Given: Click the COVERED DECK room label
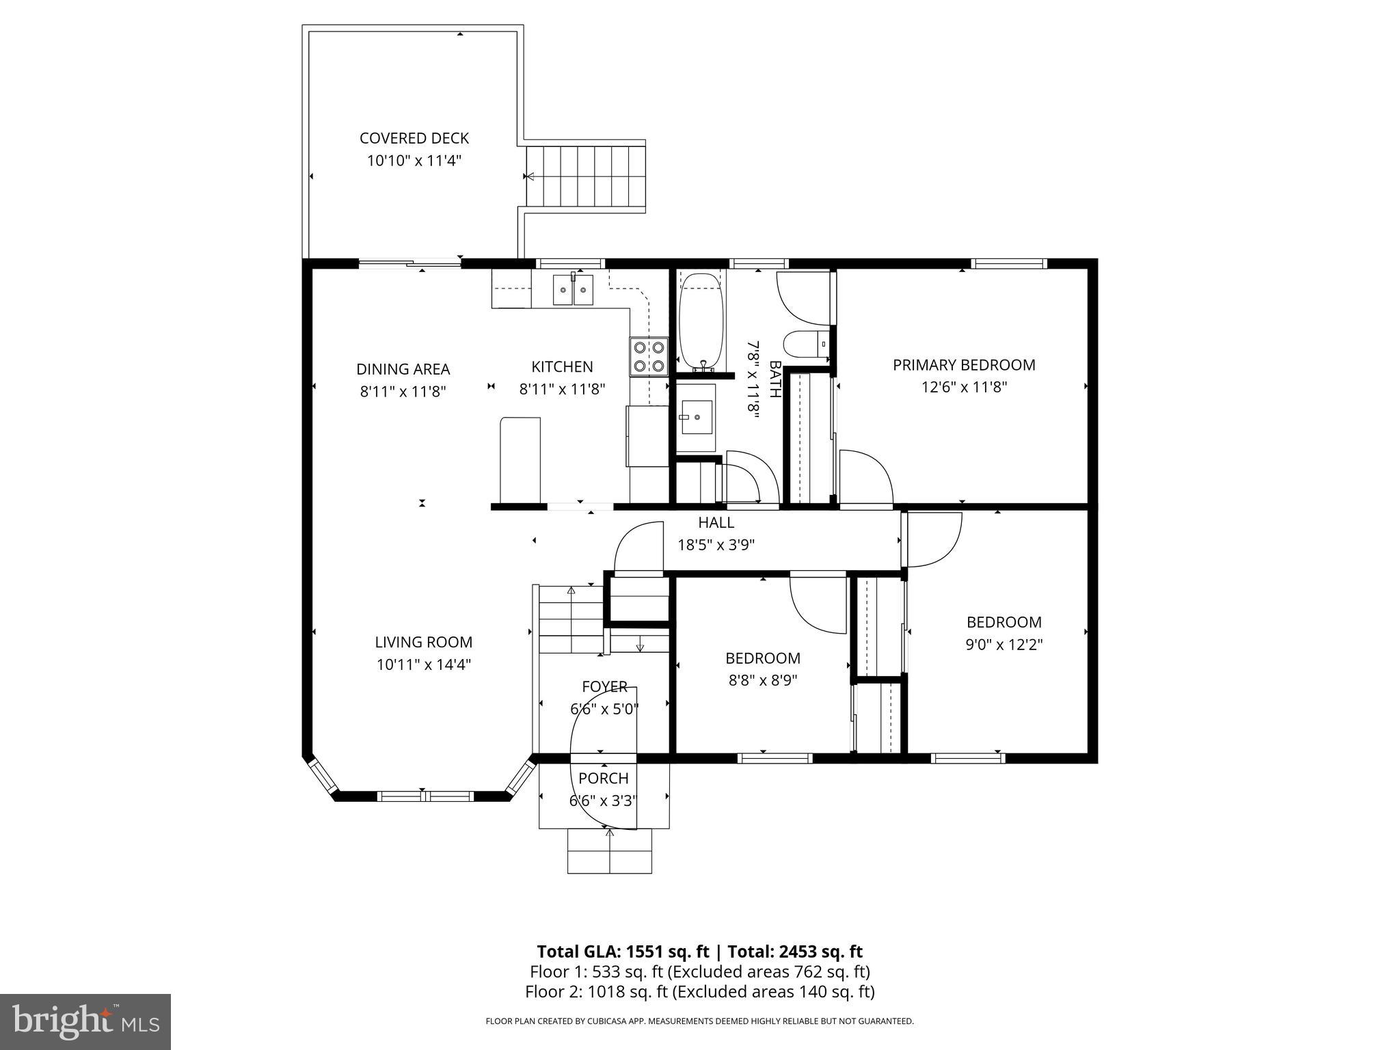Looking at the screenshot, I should pyautogui.click(x=414, y=138).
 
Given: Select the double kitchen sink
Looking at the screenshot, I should pyautogui.click(x=573, y=290).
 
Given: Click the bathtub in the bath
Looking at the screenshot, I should pyautogui.click(x=701, y=321).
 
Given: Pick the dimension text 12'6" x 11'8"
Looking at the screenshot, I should pyautogui.click(x=964, y=387).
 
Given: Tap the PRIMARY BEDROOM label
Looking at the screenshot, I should pyautogui.click(x=964, y=365).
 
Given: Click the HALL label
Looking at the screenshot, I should pyautogui.click(x=716, y=523).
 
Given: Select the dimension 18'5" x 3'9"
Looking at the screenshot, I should pyautogui.click(x=716, y=545).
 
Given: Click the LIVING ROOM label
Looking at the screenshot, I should pyautogui.click(x=423, y=643).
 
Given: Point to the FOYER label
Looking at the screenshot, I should pyautogui.click(x=604, y=686).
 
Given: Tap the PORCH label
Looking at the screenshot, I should pyautogui.click(x=603, y=778).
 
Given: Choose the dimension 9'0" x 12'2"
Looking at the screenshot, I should pyautogui.click(x=1004, y=645).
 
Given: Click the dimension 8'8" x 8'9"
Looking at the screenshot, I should pyautogui.click(x=763, y=680).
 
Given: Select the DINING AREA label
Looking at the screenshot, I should pyautogui.click(x=403, y=369).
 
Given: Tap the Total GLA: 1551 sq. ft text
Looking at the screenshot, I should pyautogui.click(x=625, y=952).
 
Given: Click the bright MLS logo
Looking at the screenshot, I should pyautogui.click(x=85, y=1021).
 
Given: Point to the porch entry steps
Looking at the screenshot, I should pyautogui.click(x=609, y=851).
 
